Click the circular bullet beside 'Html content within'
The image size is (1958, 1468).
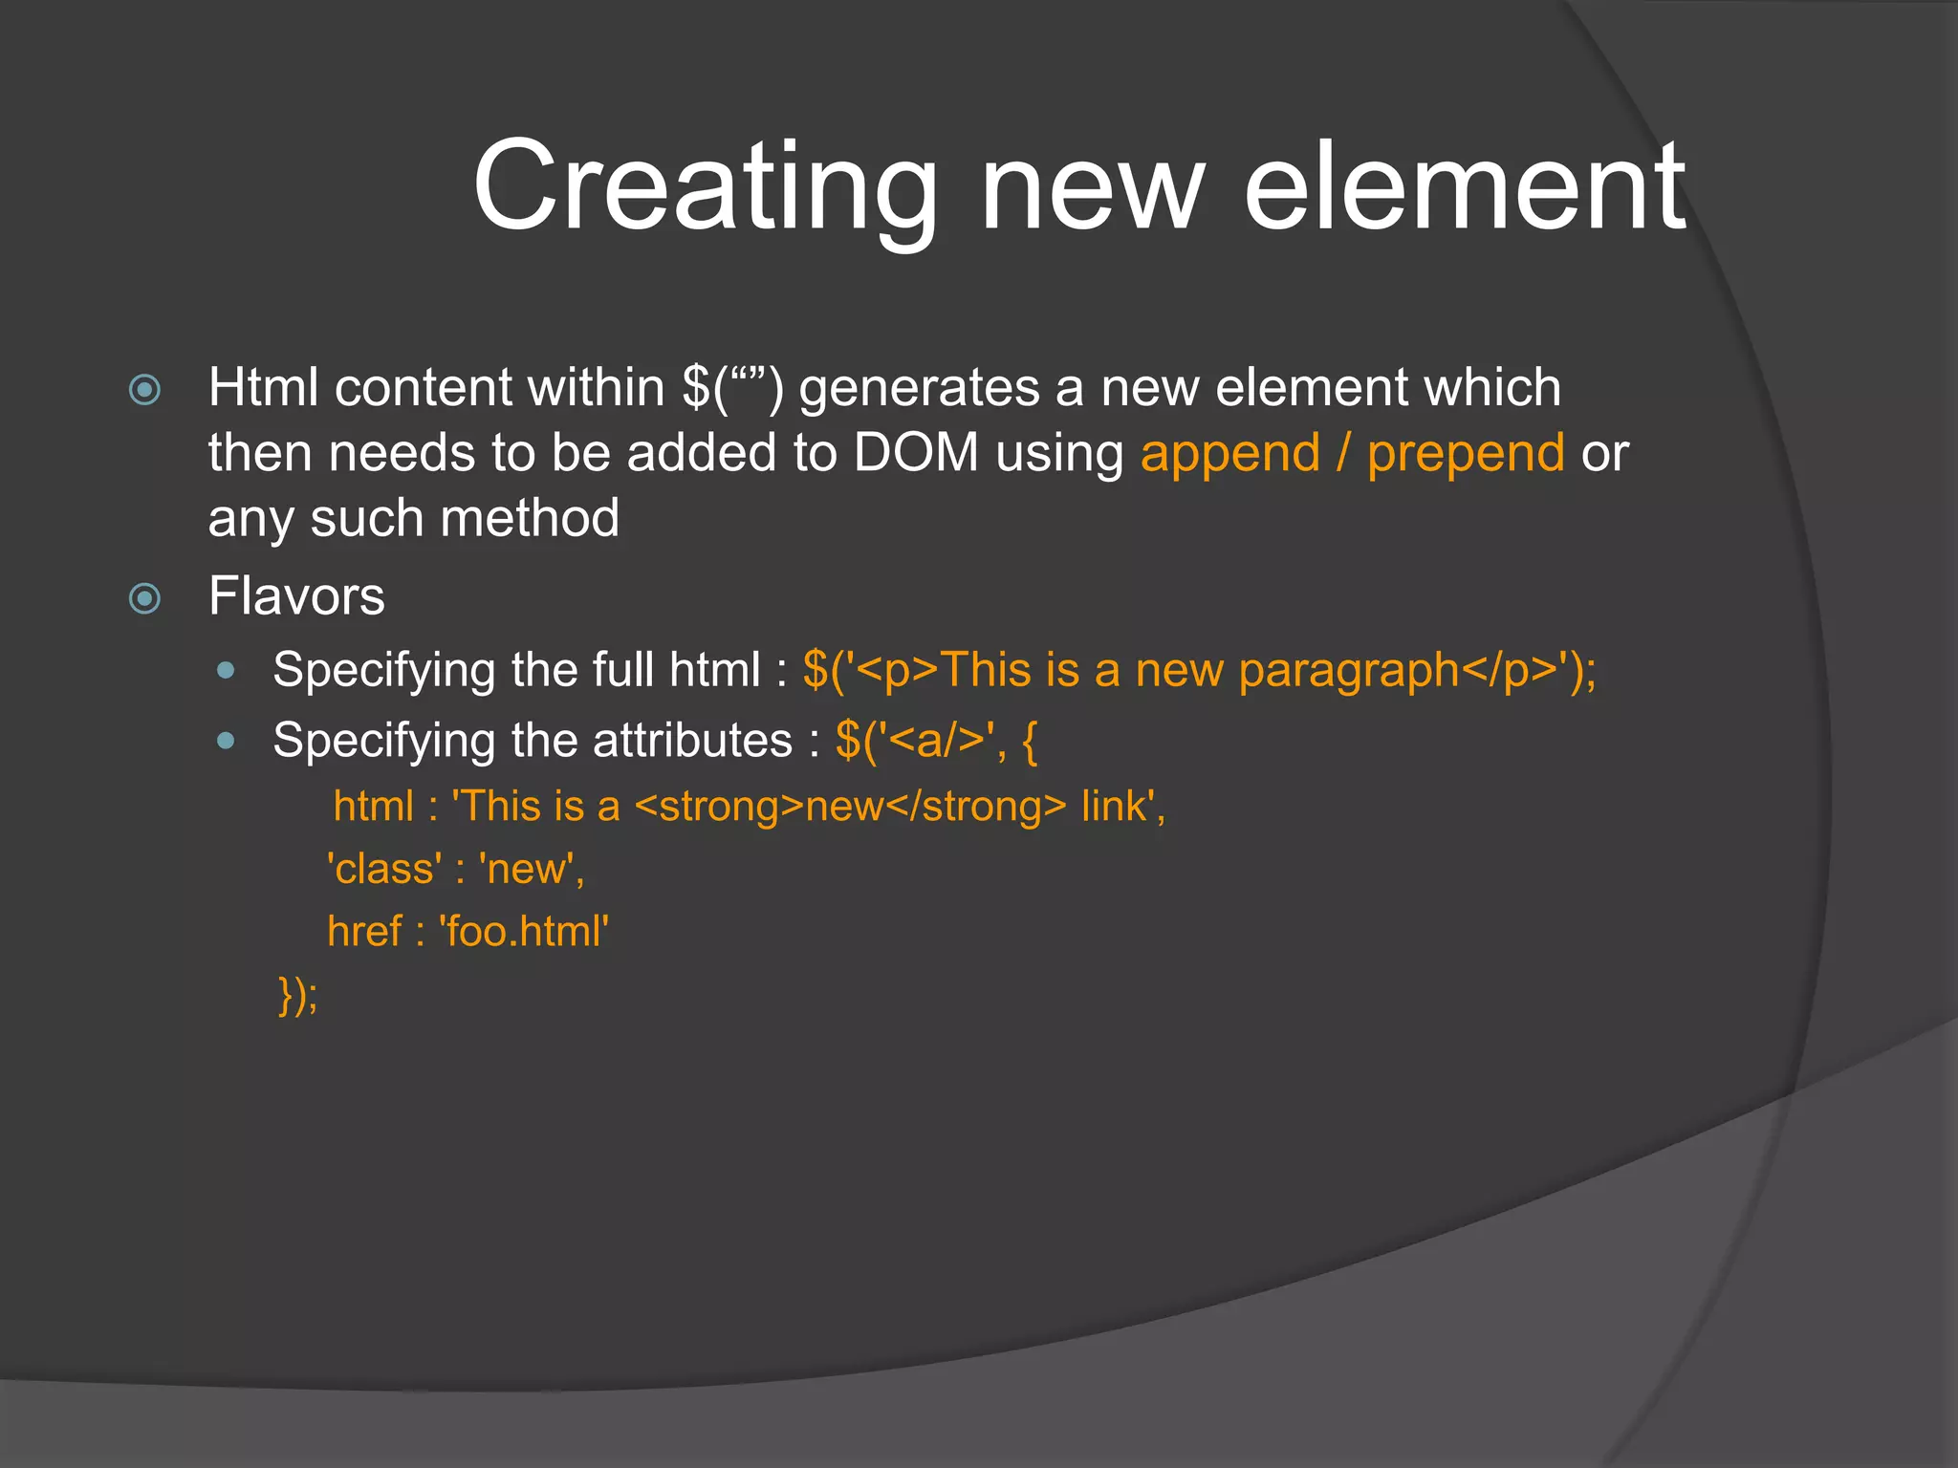[144, 389]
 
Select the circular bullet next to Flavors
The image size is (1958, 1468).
[144, 599]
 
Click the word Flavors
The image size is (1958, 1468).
[296, 596]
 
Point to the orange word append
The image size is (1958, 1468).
[1229, 453]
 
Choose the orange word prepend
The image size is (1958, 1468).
[1465, 455]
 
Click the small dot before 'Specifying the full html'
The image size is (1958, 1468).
[226, 671]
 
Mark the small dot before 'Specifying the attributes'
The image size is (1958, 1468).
[226, 741]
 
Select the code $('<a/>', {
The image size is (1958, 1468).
[936, 741]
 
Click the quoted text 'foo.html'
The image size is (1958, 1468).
[524, 931]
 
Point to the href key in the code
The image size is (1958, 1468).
[364, 931]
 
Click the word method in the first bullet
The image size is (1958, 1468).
[530, 518]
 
